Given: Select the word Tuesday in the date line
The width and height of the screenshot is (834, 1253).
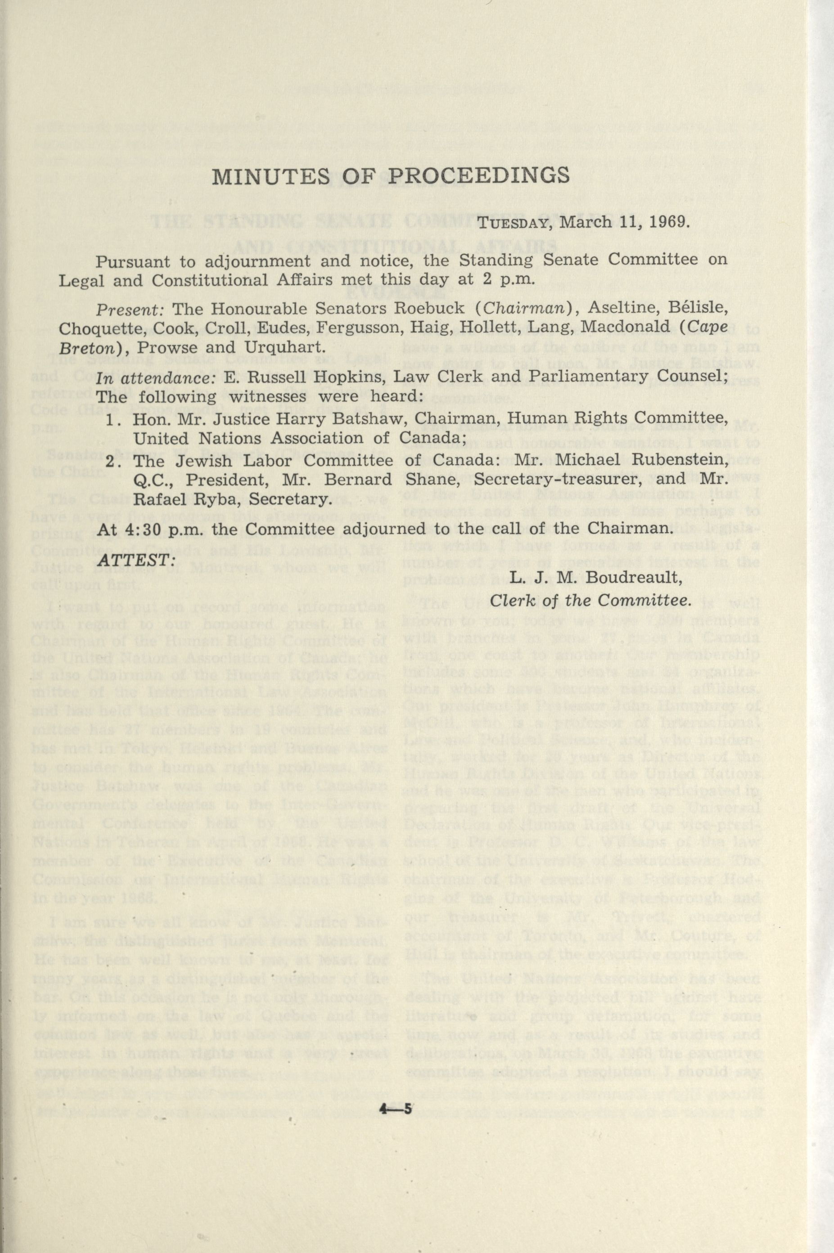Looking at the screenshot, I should tap(512, 222).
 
